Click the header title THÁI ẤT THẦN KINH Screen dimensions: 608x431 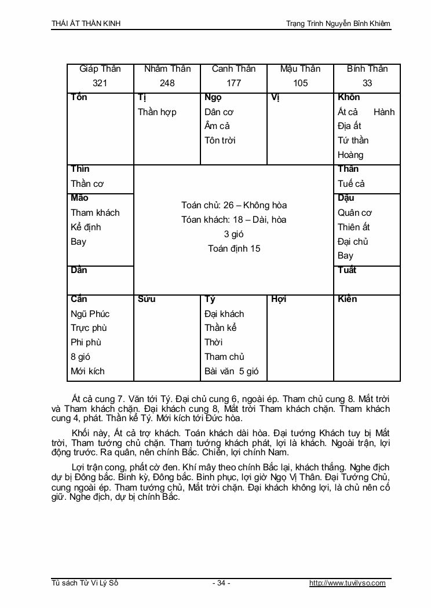pyautogui.click(x=86, y=23)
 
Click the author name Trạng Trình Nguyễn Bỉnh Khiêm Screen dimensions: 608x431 pyautogui.click(x=338, y=23)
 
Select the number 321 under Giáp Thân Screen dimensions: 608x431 pyautogui.click(x=100, y=83)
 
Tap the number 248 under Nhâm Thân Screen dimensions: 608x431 pyautogui.click(x=167, y=83)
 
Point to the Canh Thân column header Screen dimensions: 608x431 pyautogui.click(x=233, y=69)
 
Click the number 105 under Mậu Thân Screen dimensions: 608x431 pyautogui.click(x=300, y=83)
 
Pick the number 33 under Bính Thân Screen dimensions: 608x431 pyautogui.click(x=367, y=83)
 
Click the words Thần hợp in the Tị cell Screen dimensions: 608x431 pyautogui.click(x=157, y=112)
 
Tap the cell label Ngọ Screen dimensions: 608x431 pyautogui.click(x=213, y=97)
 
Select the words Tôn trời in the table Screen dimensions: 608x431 pyautogui.click(x=220, y=140)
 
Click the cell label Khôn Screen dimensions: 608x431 pyautogui.click(x=349, y=97)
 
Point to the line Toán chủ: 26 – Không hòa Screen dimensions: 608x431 pyautogui.click(x=234, y=205)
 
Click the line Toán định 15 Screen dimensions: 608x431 pyautogui.click(x=234, y=249)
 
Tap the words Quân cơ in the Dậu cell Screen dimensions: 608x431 pyautogui.click(x=355, y=212)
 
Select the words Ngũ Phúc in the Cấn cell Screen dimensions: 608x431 pyautogui.click(x=90, y=314)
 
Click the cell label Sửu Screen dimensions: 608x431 pyautogui.click(x=147, y=299)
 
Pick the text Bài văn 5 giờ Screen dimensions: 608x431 pyautogui.click(x=232, y=371)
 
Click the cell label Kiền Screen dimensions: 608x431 pyautogui.click(x=348, y=299)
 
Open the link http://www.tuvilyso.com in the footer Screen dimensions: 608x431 pyautogui.click(x=348, y=583)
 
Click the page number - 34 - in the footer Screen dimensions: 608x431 pyautogui.click(x=221, y=583)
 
